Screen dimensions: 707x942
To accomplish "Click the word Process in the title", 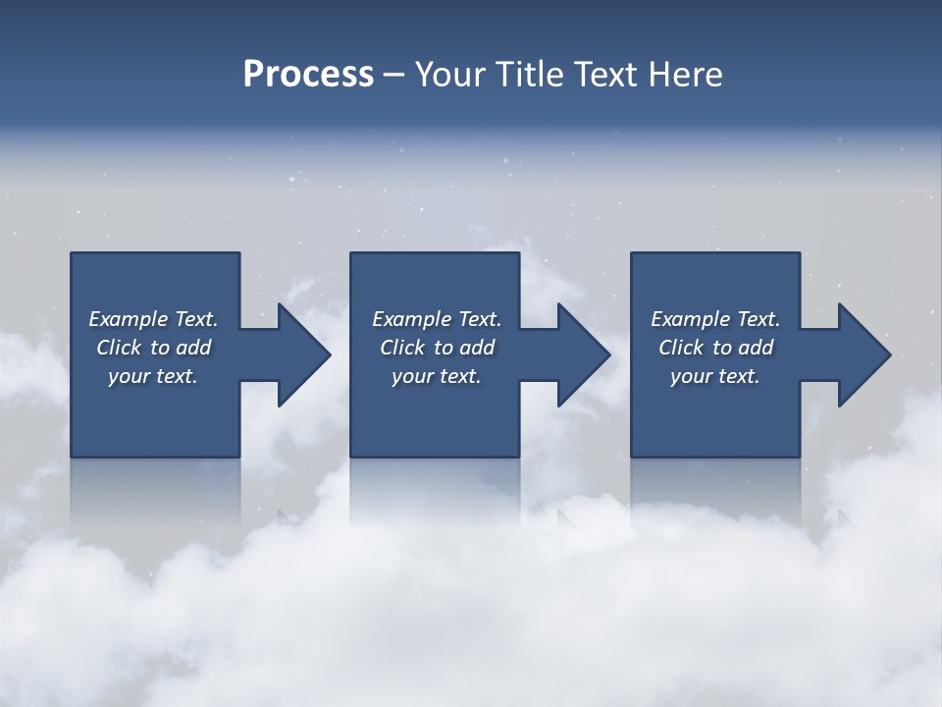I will (x=308, y=75).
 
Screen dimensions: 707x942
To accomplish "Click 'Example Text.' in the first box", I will (x=153, y=319).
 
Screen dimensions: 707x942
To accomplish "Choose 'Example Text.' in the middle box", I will (x=437, y=319).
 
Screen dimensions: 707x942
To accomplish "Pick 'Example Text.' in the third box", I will (x=715, y=319).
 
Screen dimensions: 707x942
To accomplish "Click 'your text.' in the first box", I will (x=153, y=376).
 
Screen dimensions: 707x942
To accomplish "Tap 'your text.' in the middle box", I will (x=437, y=376).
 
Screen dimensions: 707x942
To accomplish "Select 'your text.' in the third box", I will (x=715, y=376).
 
